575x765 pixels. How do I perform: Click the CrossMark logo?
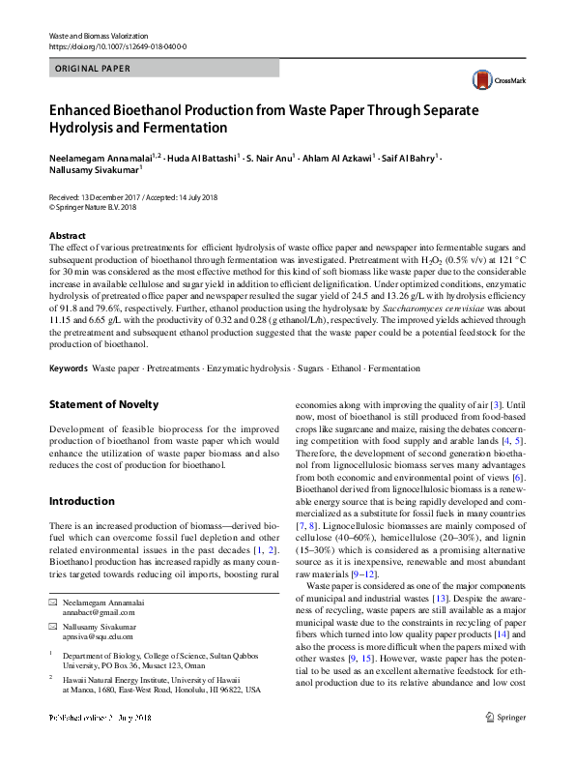[x=494, y=79]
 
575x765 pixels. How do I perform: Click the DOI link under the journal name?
[x=118, y=46]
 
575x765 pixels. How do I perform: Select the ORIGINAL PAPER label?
[x=94, y=69]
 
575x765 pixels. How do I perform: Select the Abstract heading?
[x=68, y=236]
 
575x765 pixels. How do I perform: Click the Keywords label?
[x=69, y=368]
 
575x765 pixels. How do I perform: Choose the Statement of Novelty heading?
[x=103, y=404]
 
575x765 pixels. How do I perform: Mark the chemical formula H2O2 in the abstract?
[x=423, y=261]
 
